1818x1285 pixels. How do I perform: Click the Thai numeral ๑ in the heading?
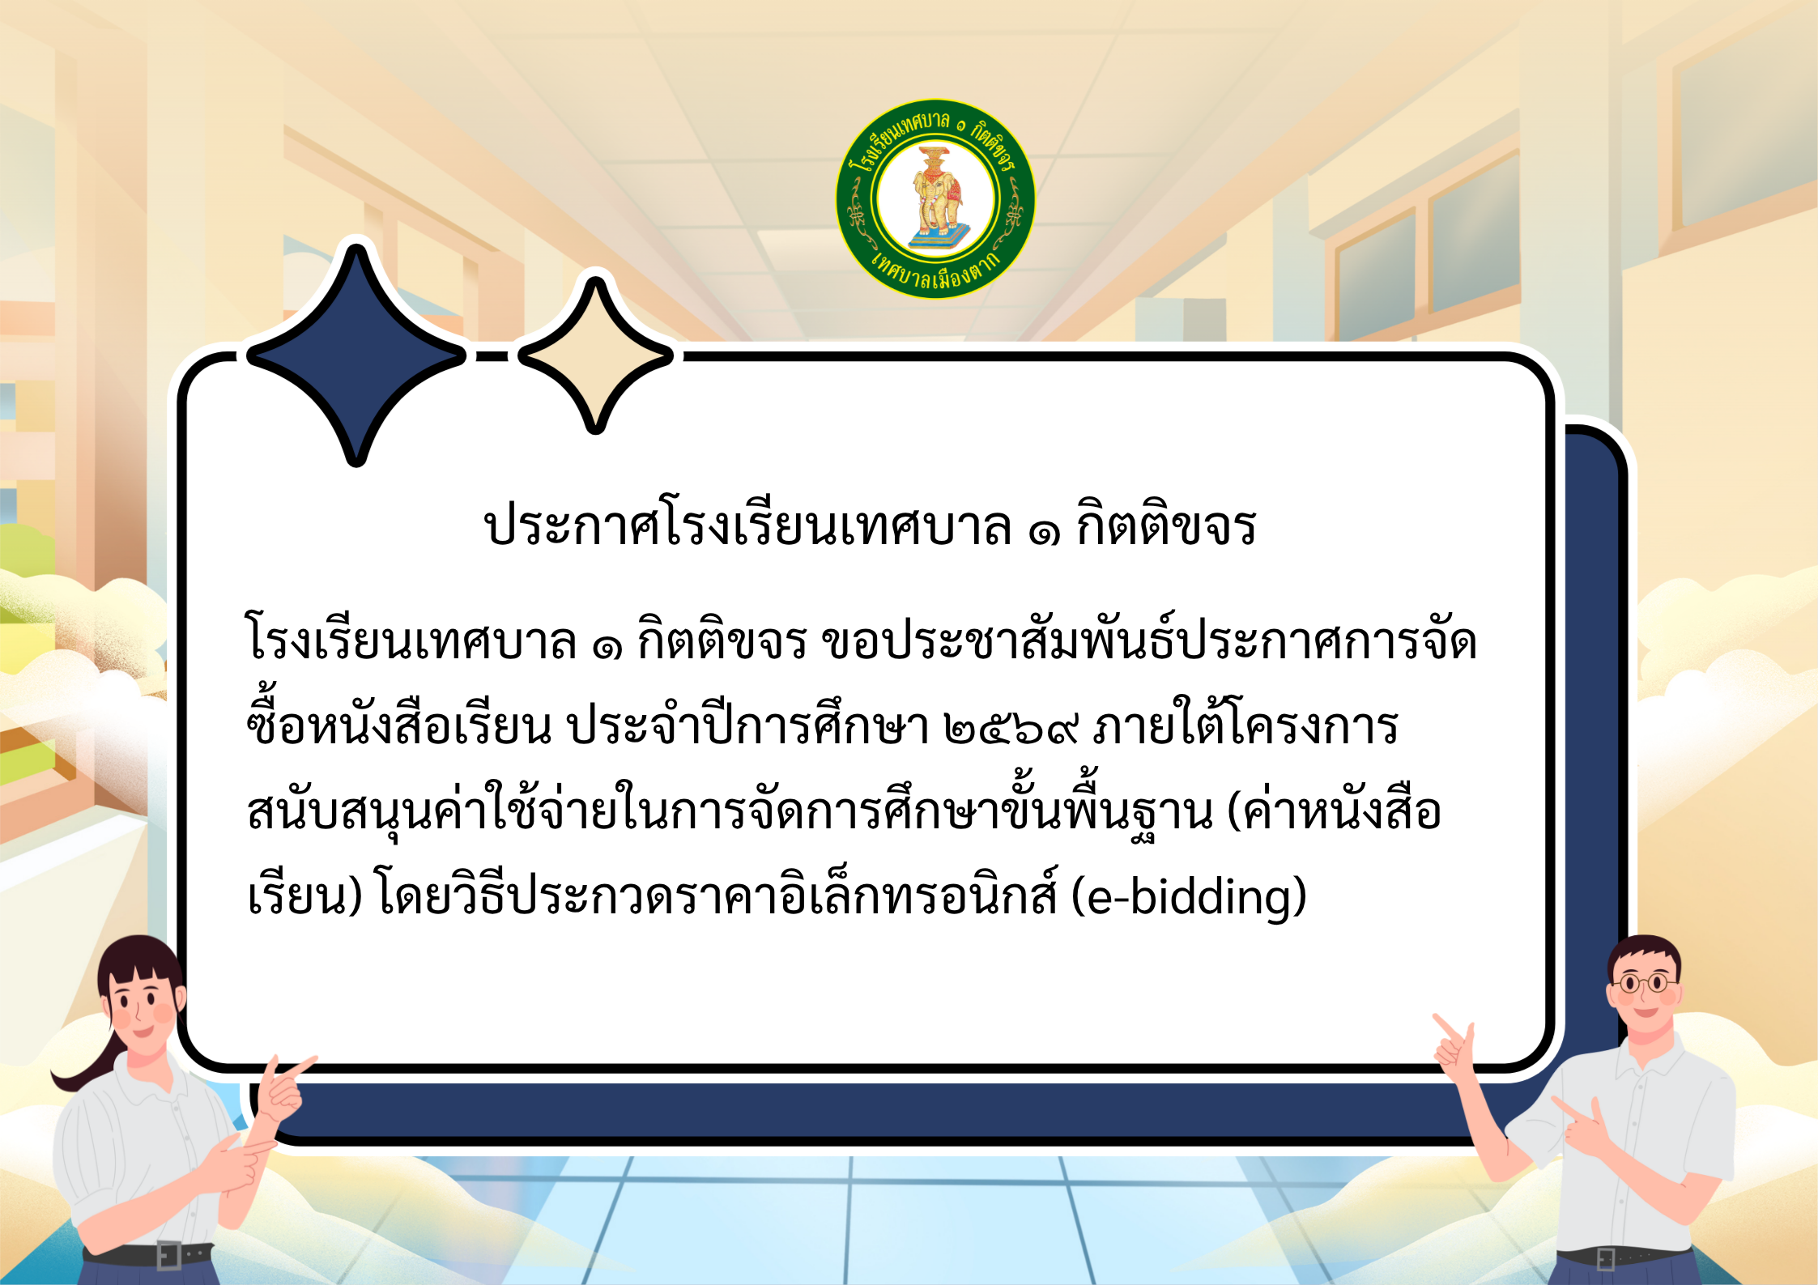[x=1044, y=530]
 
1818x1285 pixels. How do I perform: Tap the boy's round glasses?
[x=1643, y=985]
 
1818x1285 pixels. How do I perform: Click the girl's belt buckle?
[x=169, y=1256]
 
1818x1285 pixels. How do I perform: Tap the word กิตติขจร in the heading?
[x=1166, y=526]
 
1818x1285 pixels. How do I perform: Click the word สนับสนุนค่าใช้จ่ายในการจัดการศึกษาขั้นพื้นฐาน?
[x=729, y=812]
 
